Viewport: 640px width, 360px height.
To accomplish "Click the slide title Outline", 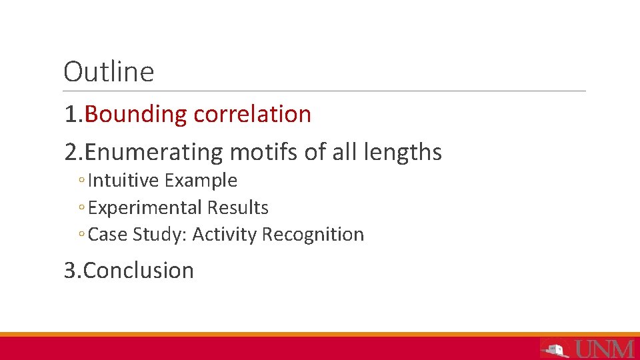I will (x=109, y=72).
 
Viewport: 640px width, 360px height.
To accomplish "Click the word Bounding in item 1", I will (x=136, y=115).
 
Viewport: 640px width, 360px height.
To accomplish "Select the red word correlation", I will (x=252, y=114).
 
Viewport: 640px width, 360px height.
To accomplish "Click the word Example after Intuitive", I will (x=201, y=181).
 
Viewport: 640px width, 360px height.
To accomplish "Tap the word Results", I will (x=237, y=208).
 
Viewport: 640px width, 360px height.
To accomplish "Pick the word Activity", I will (x=224, y=235).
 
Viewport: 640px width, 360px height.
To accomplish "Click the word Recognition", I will (x=313, y=235).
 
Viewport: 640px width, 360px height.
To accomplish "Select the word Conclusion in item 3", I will (x=139, y=271).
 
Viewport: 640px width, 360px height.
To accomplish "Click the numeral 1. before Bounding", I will (x=73, y=115).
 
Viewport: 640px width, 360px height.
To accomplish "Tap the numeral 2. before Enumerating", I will (x=74, y=153).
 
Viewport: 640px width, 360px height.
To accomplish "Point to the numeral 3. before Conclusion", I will (x=73, y=271).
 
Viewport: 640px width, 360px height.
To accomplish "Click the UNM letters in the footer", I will (x=605, y=349).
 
